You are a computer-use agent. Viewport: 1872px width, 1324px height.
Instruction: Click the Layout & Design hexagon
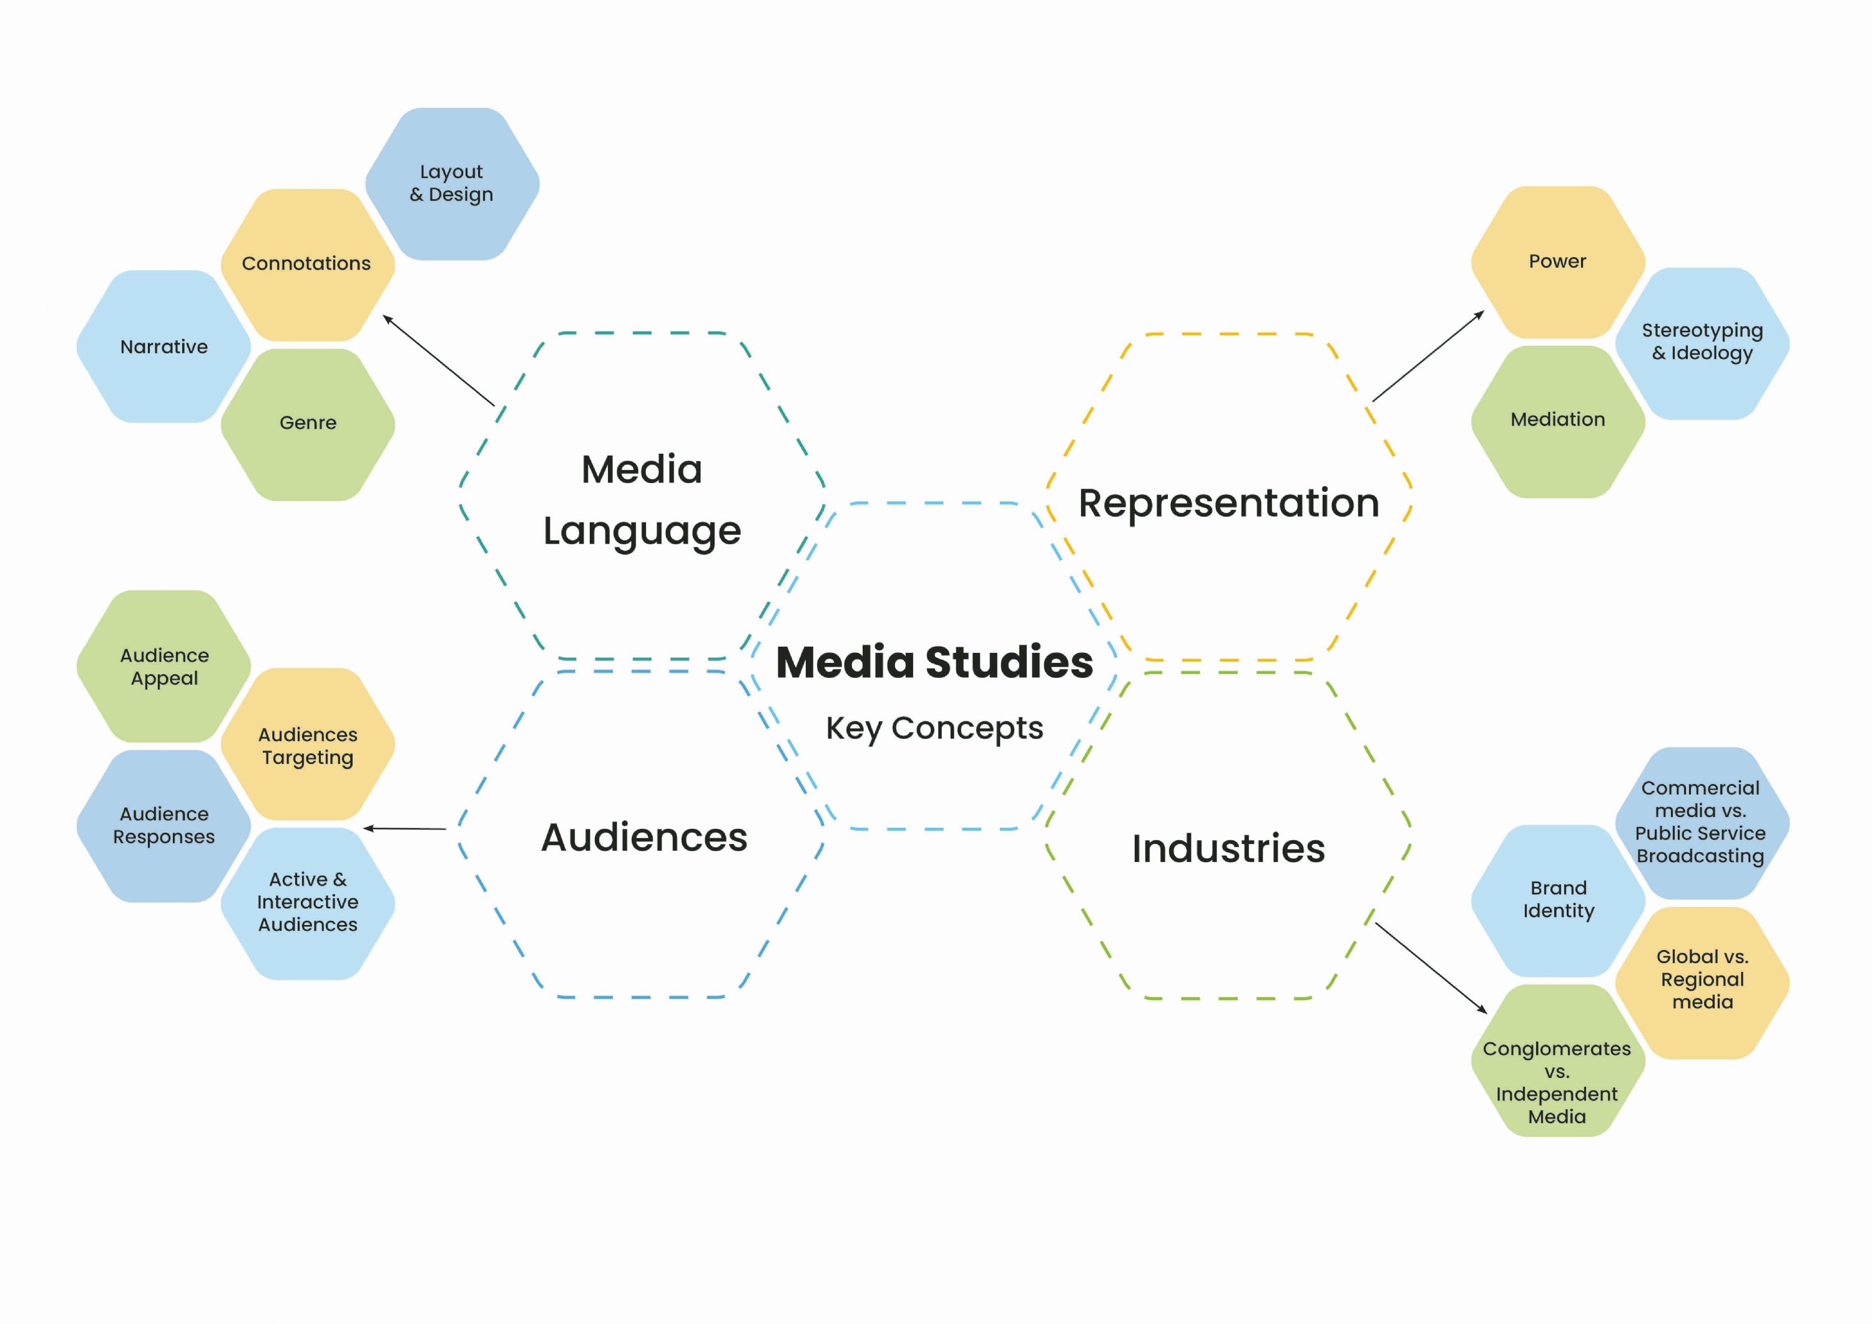tap(452, 184)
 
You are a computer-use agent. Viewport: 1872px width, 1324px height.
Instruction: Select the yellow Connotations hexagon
tap(307, 264)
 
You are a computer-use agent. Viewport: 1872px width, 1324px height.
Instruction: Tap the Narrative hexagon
tap(164, 346)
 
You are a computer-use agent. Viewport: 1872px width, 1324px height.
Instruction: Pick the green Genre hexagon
tap(307, 424)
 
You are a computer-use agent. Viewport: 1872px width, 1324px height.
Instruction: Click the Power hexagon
tap(1557, 262)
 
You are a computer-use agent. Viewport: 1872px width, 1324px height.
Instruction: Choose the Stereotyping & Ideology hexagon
tap(1702, 343)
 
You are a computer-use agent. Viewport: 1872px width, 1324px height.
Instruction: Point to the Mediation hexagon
tap(1557, 421)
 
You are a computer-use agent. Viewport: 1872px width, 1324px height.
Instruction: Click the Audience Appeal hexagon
tap(164, 666)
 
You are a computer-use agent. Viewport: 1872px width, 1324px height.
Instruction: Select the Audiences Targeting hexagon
tap(307, 745)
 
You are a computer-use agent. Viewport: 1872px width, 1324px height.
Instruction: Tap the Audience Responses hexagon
tap(164, 825)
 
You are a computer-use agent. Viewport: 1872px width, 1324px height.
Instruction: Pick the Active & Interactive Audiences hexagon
tap(307, 903)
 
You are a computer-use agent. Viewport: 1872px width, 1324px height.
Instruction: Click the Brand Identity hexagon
tap(1557, 900)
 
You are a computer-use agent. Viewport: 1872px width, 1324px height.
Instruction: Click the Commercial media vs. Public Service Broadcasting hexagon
tap(1702, 821)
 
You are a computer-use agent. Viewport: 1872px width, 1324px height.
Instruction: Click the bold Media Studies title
tap(934, 662)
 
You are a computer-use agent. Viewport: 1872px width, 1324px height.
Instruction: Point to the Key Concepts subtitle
tap(934, 728)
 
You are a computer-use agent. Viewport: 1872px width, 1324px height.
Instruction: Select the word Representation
tap(1228, 503)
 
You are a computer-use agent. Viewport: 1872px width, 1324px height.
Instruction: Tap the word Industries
tap(1228, 849)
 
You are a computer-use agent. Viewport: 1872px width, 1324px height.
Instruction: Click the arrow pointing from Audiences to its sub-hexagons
tap(404, 828)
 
